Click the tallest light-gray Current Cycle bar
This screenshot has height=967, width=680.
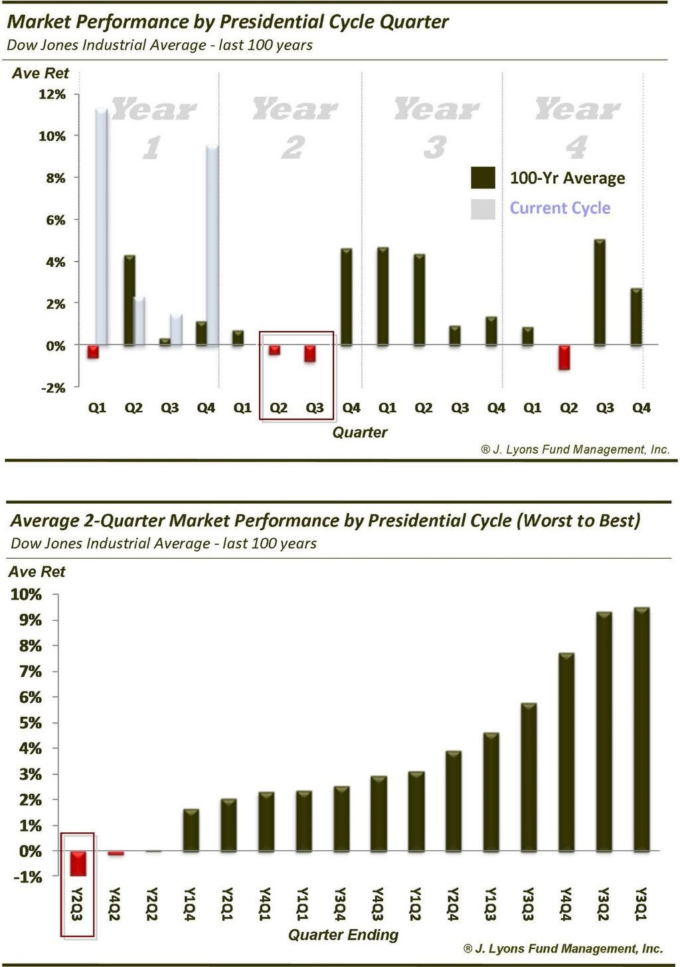(102, 226)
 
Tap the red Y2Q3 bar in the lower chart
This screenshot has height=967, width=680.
(78, 863)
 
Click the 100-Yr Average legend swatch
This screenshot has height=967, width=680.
(483, 178)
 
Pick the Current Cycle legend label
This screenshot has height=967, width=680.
(560, 208)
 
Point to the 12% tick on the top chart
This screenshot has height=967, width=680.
(52, 94)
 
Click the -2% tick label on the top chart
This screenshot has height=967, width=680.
(53, 388)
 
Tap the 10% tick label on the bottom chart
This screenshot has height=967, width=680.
(26, 594)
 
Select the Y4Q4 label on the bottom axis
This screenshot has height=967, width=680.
(566, 905)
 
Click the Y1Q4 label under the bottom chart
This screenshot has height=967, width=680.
(190, 905)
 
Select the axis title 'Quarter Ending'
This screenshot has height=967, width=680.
(343, 935)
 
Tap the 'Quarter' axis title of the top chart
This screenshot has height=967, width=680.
(359, 433)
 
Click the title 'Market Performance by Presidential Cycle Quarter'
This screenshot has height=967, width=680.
(228, 22)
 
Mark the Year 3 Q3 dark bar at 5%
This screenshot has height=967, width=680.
(600, 292)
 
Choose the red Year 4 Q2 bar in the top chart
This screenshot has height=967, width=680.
(564, 357)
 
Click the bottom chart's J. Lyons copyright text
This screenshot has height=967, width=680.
(563, 948)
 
